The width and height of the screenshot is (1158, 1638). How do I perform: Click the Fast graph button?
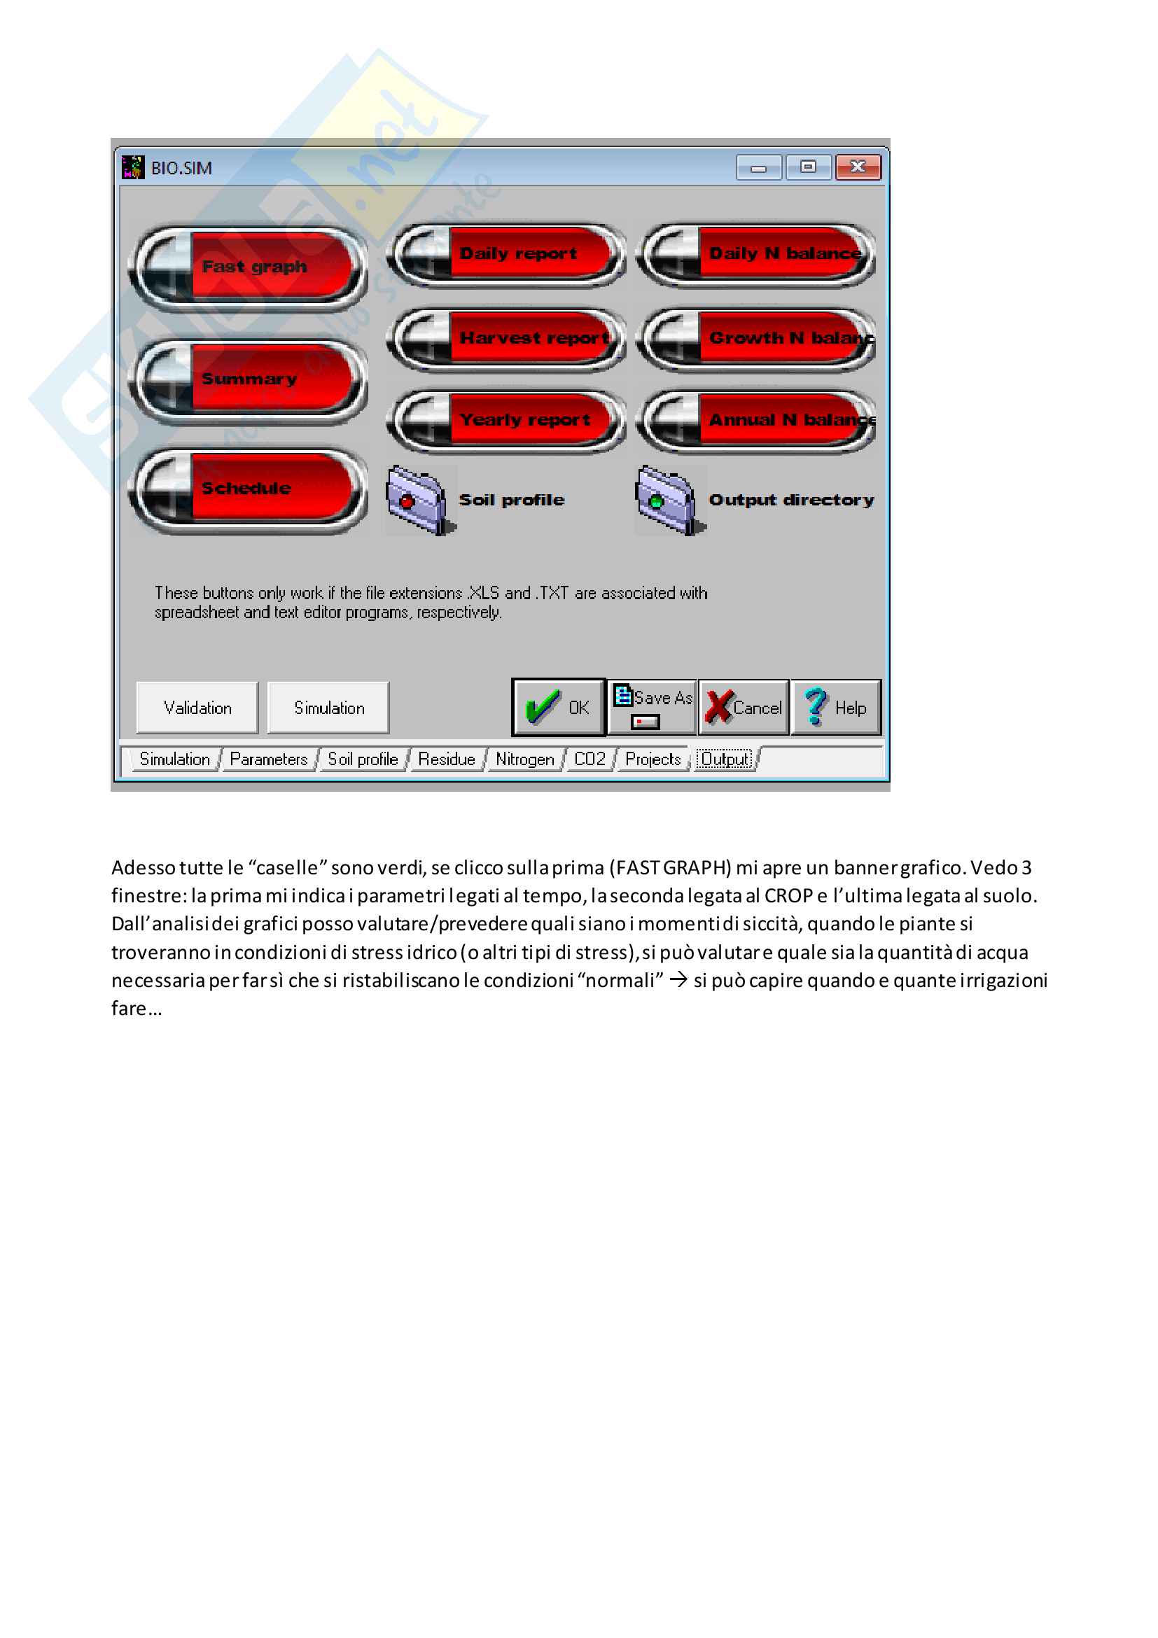click(x=248, y=267)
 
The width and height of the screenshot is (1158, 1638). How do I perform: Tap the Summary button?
click(x=248, y=379)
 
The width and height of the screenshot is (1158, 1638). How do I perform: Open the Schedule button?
click(x=248, y=489)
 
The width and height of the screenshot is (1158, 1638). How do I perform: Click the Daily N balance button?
click(x=756, y=254)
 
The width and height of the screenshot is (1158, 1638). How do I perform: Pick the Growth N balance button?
click(x=756, y=338)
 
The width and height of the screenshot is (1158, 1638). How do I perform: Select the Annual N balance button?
click(x=756, y=420)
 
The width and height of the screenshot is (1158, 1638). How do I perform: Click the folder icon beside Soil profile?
click(x=417, y=499)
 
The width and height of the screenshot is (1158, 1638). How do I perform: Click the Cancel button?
click(x=744, y=707)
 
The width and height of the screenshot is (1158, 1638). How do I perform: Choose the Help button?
click(x=835, y=707)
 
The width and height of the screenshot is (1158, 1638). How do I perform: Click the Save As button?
click(x=652, y=706)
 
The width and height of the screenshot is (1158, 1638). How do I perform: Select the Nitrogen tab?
click(x=524, y=759)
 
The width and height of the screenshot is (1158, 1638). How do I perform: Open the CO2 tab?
click(x=590, y=759)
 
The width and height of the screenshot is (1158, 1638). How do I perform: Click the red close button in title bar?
click(x=858, y=167)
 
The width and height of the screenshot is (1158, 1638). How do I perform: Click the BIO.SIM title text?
click(x=181, y=169)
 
